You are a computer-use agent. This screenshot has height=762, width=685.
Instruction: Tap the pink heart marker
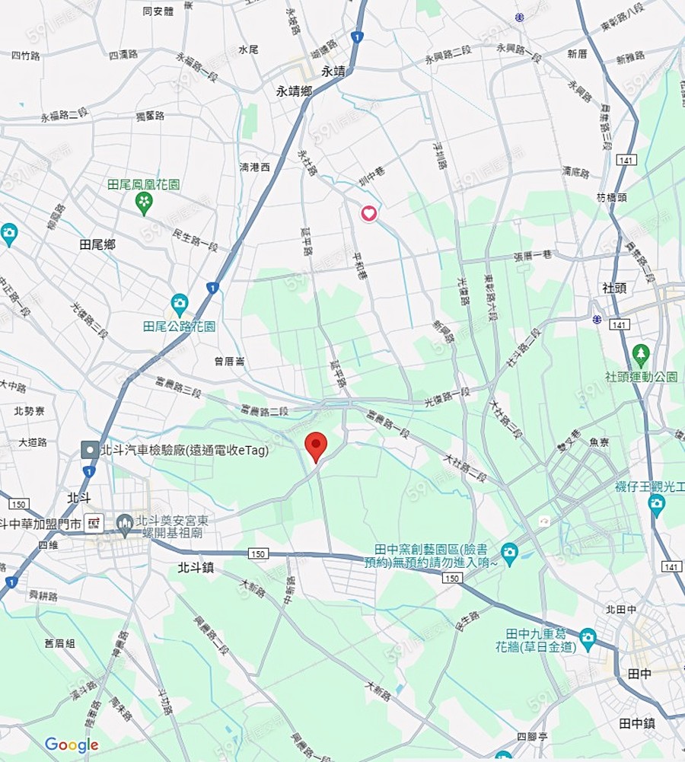[369, 213]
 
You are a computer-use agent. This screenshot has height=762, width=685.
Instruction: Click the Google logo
[72, 744]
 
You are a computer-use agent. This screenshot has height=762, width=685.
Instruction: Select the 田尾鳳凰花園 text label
[144, 185]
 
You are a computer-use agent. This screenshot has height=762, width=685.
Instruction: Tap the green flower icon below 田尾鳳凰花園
[144, 202]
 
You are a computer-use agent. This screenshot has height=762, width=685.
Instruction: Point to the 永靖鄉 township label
[294, 91]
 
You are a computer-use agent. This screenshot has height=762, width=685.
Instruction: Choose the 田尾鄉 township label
[97, 244]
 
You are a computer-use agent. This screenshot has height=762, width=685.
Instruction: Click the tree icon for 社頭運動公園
[641, 354]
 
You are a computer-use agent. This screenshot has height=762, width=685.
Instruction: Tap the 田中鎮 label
[637, 722]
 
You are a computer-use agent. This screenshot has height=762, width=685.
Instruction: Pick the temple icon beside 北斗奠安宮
[125, 522]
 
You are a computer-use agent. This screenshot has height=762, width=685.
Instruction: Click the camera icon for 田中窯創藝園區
[509, 550]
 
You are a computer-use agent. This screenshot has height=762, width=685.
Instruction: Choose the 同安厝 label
[158, 11]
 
